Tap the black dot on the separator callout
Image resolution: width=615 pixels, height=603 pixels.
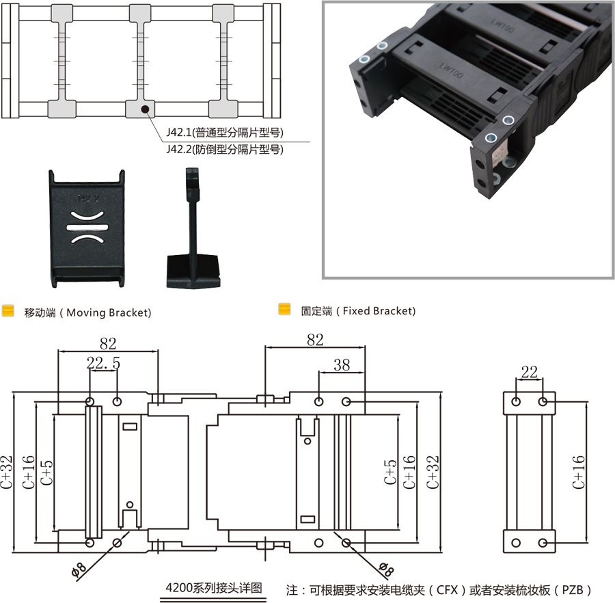pyautogui.click(x=143, y=109)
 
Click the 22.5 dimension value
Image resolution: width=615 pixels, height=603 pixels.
pyautogui.click(x=103, y=364)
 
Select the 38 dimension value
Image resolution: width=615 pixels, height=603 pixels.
pyautogui.click(x=341, y=365)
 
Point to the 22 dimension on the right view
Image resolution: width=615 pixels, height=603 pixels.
pyautogui.click(x=529, y=372)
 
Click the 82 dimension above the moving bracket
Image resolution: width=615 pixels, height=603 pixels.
pyautogui.click(x=108, y=343)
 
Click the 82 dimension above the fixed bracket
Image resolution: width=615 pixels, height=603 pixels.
pyautogui.click(x=315, y=340)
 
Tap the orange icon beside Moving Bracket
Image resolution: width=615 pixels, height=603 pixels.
pyautogui.click(x=8, y=312)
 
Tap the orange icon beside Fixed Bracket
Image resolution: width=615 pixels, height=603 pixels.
pyautogui.click(x=284, y=310)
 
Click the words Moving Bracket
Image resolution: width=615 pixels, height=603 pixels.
pyautogui.click(x=106, y=312)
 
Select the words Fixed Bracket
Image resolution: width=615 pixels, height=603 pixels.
pyautogui.click(x=378, y=311)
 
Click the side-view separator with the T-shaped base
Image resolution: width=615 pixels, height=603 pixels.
pyautogui.click(x=193, y=232)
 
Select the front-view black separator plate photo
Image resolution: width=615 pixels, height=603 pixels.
pyautogui.click(x=87, y=228)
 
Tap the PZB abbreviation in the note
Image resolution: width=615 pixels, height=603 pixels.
pyautogui.click(x=570, y=590)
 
